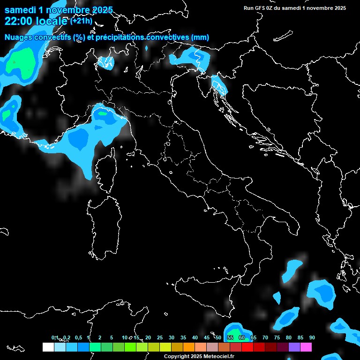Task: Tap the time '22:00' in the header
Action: [x=18, y=21]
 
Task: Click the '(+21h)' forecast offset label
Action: [x=81, y=21]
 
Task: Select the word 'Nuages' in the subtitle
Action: [x=19, y=37]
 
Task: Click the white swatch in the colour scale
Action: [x=48, y=347]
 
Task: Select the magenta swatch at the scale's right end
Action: [x=306, y=347]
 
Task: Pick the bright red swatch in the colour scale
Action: [x=247, y=347]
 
